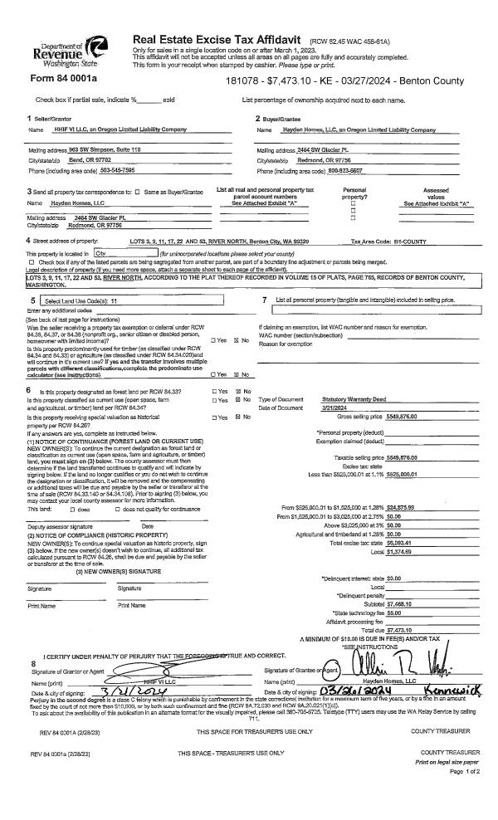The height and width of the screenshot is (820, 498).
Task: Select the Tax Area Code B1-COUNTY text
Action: coord(403,241)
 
